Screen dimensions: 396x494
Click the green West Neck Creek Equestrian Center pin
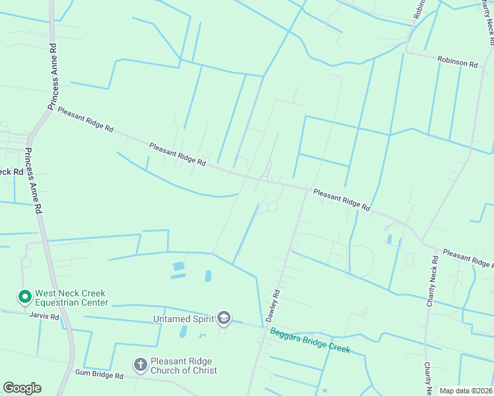(x=24, y=298)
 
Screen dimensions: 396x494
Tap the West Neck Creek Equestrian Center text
(x=71, y=298)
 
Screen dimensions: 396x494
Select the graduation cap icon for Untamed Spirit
(x=224, y=319)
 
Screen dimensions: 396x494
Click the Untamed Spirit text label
(x=184, y=319)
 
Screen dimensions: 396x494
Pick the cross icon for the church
(x=140, y=364)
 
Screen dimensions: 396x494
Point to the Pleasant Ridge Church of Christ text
(x=184, y=366)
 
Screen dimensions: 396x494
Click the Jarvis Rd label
(x=44, y=317)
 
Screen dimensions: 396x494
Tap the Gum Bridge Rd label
(x=99, y=375)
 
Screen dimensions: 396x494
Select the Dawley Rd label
(x=273, y=306)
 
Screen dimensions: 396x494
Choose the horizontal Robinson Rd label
(x=457, y=61)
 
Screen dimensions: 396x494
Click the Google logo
(x=22, y=388)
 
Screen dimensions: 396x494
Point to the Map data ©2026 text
(x=466, y=391)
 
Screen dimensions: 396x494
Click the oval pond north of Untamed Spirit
(x=209, y=276)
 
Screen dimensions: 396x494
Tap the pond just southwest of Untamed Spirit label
(x=183, y=331)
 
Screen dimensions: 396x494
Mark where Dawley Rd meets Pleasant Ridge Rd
(x=306, y=190)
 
